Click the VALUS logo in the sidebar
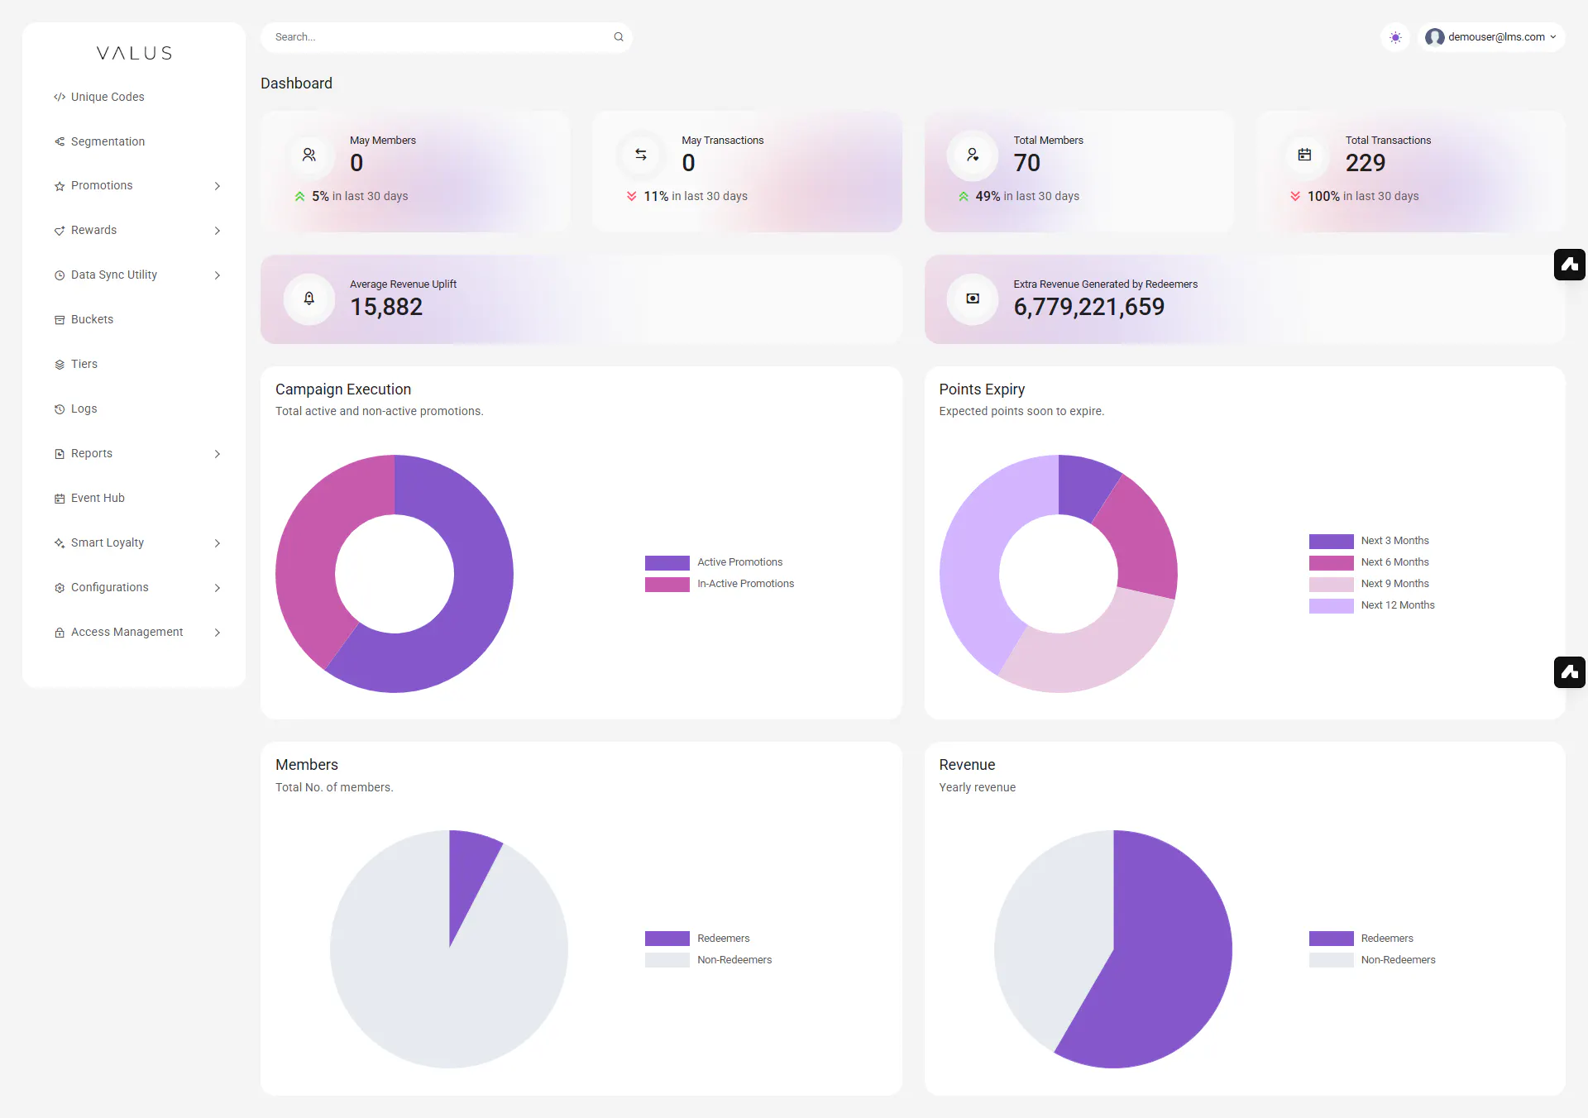[134, 54]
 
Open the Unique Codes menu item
[99, 97]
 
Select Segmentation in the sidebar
[99, 141]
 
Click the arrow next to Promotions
[218, 186]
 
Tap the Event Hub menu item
[89, 498]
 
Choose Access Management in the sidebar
[119, 632]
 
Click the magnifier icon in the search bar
[619, 37]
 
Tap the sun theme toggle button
[1395, 37]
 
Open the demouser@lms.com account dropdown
[1491, 37]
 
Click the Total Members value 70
[1027, 163]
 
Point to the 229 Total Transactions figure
[1366, 163]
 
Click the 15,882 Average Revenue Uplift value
[386, 307]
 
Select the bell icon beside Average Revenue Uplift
[309, 299]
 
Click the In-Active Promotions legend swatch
[667, 585]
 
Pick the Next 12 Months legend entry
[1372, 605]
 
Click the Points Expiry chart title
[982, 389]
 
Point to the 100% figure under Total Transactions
[1323, 196]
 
